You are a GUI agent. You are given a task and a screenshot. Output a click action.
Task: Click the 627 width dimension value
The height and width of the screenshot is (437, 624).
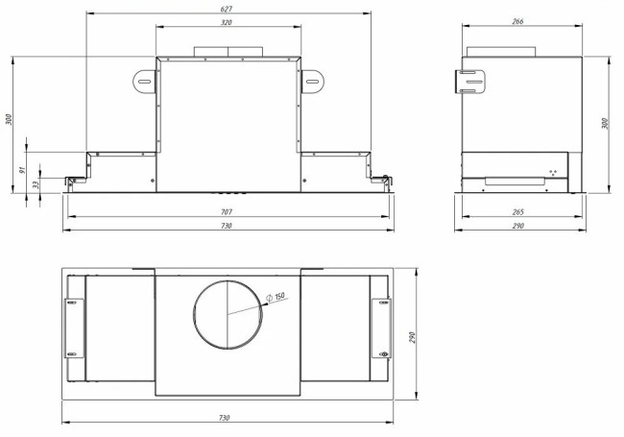(227, 9)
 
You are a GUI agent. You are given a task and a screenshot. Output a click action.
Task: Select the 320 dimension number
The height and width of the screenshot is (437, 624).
(227, 22)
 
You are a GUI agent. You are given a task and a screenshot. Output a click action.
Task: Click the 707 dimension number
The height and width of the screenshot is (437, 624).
(227, 212)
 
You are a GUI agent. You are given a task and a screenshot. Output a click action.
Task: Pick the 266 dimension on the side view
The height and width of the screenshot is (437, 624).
(518, 22)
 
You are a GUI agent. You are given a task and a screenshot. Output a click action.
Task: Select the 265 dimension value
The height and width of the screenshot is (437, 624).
(518, 212)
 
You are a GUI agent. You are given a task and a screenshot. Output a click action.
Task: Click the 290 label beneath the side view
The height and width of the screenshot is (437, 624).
(518, 226)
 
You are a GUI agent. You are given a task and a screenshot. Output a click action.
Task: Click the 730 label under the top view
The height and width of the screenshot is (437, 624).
(227, 419)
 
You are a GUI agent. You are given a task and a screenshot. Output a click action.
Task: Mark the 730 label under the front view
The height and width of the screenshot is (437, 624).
(227, 226)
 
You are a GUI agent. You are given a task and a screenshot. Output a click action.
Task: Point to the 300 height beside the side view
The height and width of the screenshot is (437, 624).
(605, 123)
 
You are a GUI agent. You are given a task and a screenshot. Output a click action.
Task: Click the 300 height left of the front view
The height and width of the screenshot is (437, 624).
(9, 119)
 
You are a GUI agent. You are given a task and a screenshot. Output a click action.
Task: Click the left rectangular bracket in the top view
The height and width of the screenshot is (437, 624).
(73, 327)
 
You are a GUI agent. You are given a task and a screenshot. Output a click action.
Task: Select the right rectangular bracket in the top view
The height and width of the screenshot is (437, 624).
(381, 327)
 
